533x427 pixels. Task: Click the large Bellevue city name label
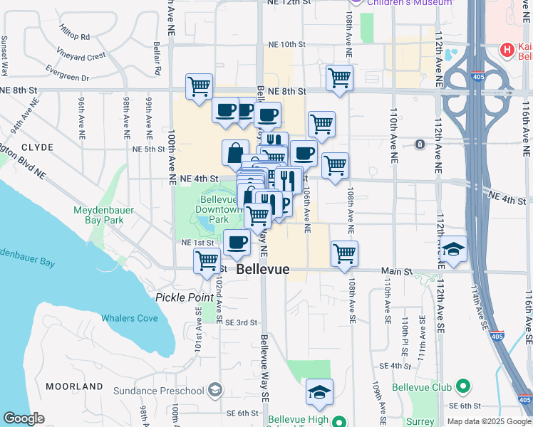263,270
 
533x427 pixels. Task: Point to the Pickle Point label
185,296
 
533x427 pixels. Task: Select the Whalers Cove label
129,318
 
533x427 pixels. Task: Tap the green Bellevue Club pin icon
463,387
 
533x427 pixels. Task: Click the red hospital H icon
507,50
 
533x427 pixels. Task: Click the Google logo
24,418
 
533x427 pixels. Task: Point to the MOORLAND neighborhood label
74,386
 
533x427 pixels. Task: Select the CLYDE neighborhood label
37,147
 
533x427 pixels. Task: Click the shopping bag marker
235,152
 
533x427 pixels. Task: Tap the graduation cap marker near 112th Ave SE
453,250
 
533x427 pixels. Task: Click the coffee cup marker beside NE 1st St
237,243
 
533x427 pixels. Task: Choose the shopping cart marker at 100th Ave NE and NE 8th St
199,86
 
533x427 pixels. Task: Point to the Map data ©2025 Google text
488,421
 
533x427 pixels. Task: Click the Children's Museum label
410,3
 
